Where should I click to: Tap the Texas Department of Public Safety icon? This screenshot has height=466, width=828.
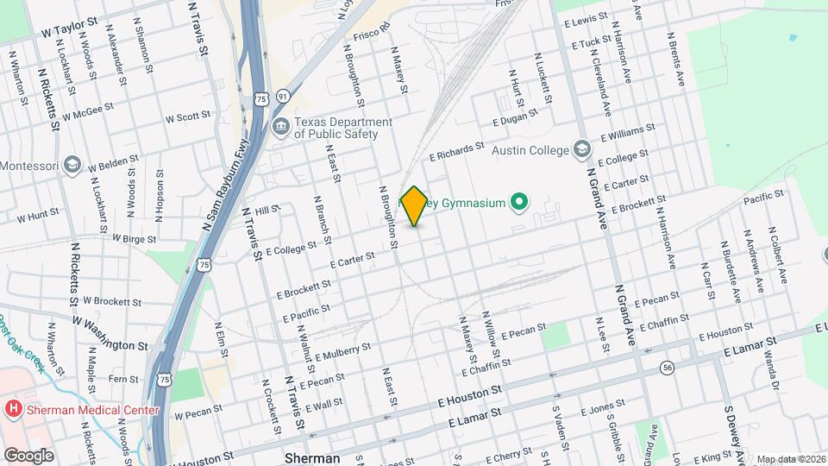coord(281,128)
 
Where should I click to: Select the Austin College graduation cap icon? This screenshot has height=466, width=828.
coord(582,150)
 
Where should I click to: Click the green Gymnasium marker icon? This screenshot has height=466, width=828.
coord(518,204)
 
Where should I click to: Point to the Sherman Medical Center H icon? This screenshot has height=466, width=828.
coord(13,408)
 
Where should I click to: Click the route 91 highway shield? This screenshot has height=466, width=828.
coord(283,98)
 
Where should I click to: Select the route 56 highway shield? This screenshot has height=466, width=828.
coord(668,368)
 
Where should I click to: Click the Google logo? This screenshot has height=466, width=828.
coord(29,455)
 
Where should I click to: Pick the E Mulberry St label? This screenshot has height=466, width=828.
coord(343,352)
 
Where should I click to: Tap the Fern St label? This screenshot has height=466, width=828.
coord(123,379)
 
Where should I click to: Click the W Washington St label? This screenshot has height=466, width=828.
coord(110,333)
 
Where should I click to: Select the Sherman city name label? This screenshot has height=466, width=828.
coord(312,457)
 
